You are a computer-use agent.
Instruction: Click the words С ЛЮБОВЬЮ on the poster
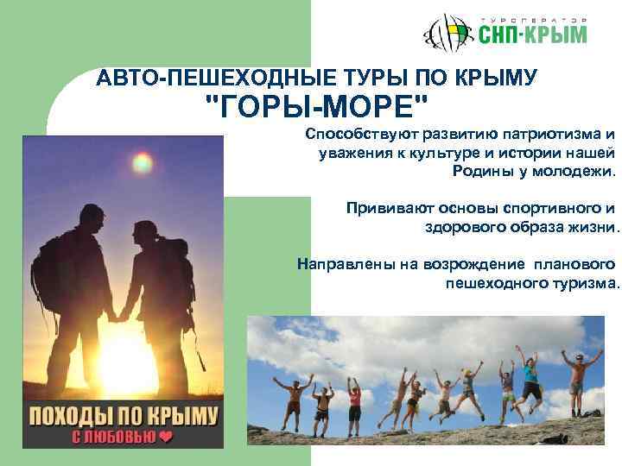tap(109, 437)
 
